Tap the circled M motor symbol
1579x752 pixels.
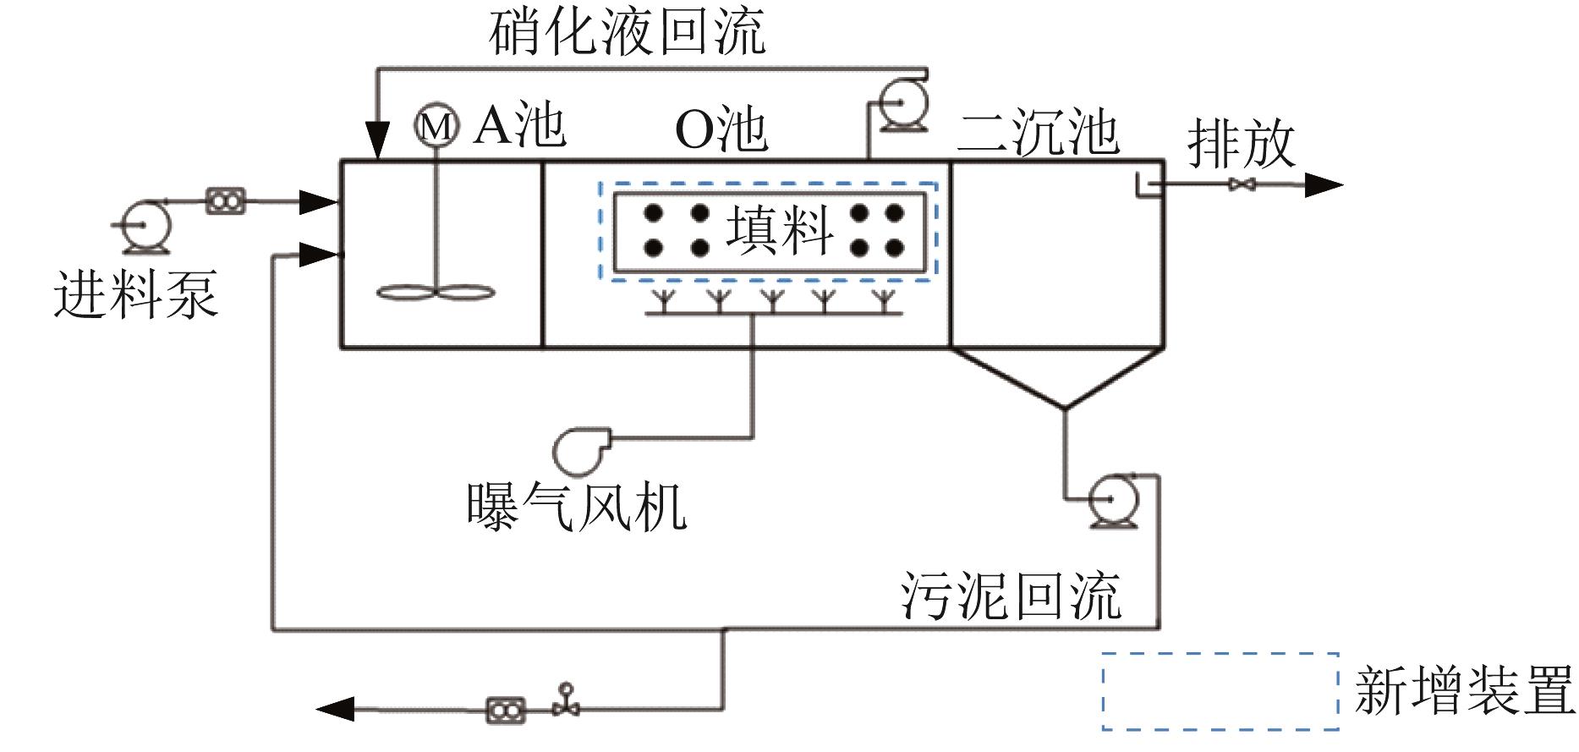click(436, 126)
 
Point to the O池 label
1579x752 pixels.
click(721, 130)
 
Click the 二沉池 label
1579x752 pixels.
click(1039, 134)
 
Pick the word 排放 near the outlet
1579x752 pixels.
click(1242, 144)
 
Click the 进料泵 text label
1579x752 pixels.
click(135, 294)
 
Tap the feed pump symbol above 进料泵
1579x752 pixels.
click(145, 225)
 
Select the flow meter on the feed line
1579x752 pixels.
click(226, 201)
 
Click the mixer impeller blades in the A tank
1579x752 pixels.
click(435, 293)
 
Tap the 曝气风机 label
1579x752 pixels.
click(577, 506)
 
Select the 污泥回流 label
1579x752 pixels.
click(1010, 596)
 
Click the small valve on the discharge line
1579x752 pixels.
click(1242, 184)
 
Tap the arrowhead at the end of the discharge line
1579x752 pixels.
click(1324, 184)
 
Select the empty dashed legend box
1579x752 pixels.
click(1220, 690)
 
